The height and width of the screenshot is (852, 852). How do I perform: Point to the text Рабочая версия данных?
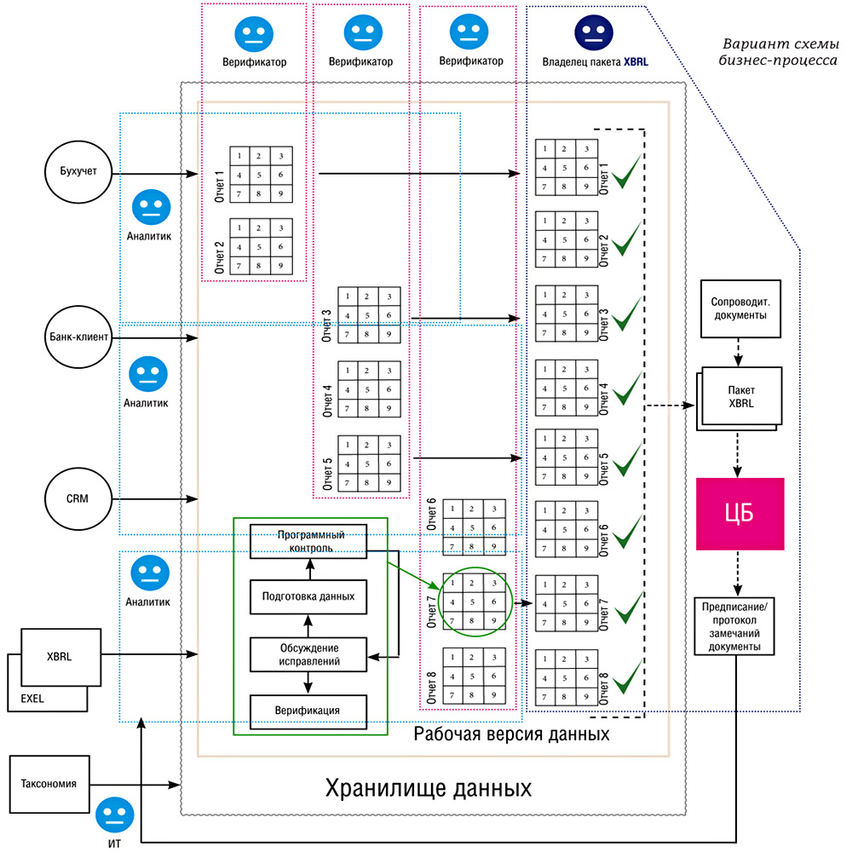(511, 734)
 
